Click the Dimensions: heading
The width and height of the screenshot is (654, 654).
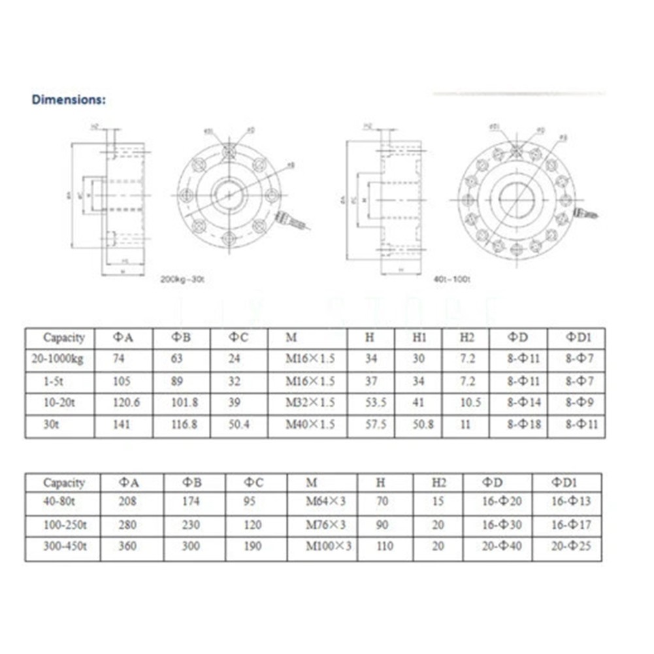tap(69, 100)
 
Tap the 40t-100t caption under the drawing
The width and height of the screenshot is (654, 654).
tap(453, 279)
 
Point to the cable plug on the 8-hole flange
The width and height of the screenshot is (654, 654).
tap(292, 220)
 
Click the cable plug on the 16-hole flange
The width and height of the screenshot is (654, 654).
tap(586, 213)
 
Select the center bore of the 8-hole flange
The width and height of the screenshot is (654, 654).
tap(229, 194)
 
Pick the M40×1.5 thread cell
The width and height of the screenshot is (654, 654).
tap(310, 425)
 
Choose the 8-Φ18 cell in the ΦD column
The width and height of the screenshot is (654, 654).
tap(525, 425)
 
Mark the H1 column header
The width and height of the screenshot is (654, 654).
tap(418, 338)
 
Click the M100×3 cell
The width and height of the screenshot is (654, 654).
tap(329, 546)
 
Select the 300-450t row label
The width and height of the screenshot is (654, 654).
tap(63, 546)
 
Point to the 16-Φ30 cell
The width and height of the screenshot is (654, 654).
tap(502, 525)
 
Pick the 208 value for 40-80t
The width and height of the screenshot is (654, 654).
tap(128, 502)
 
